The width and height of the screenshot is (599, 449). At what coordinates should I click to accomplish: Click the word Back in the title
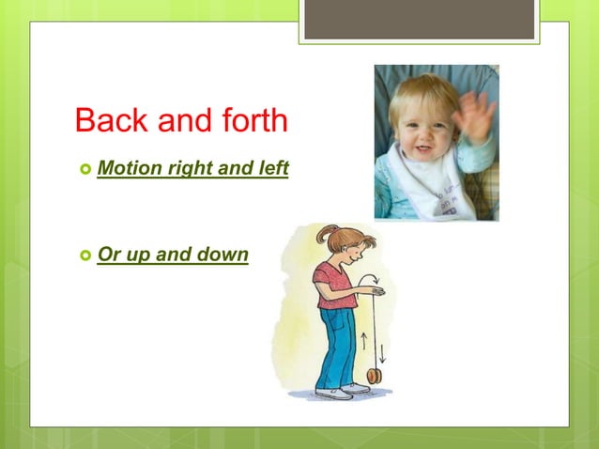105,120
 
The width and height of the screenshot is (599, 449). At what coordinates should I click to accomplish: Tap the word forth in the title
250,120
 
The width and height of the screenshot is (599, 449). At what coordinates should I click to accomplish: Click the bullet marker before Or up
84,255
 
